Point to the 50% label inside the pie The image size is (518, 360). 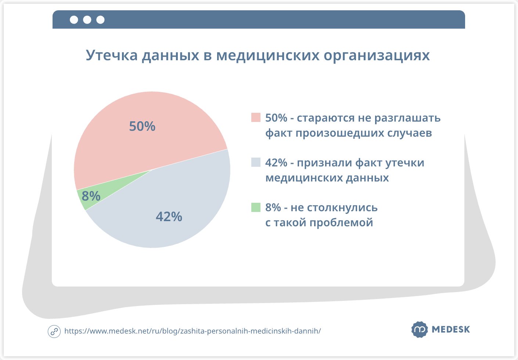(142, 126)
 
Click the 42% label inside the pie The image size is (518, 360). (169, 217)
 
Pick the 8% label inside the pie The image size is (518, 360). (91, 196)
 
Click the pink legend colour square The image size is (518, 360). (256, 118)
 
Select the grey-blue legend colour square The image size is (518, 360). (256, 162)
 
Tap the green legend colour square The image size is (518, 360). (256, 207)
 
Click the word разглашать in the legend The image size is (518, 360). (407, 118)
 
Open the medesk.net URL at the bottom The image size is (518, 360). (193, 331)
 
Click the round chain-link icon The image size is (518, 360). (54, 331)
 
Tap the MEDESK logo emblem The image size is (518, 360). (420, 329)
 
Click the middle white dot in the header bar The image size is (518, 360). (87, 20)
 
